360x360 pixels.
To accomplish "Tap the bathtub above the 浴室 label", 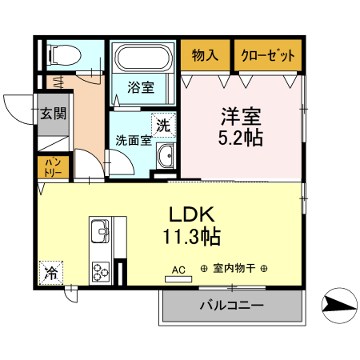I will [x=143, y=58].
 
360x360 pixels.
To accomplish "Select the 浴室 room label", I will [x=142, y=87].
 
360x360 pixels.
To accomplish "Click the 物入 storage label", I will [x=205, y=56].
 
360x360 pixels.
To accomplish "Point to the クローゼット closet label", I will [x=268, y=56].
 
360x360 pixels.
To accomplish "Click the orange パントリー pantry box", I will [x=54, y=167].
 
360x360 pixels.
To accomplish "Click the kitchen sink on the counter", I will [x=101, y=232].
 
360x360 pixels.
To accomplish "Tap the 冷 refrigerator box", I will [x=50, y=273].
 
